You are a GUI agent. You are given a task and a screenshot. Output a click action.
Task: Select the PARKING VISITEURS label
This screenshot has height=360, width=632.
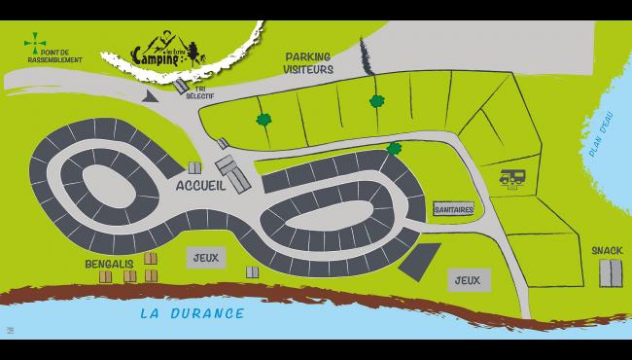[308, 64]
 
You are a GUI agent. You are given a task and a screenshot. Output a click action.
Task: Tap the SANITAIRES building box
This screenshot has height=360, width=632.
[454, 208]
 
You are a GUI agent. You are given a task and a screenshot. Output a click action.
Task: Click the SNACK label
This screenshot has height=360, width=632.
[607, 249]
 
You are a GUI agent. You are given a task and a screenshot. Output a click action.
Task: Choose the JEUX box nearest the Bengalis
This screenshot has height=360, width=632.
[205, 257]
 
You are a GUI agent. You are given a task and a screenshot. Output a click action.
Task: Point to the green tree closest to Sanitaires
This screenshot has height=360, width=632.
[394, 149]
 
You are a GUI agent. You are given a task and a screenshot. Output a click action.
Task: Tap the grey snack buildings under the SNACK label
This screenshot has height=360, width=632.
[609, 272]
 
